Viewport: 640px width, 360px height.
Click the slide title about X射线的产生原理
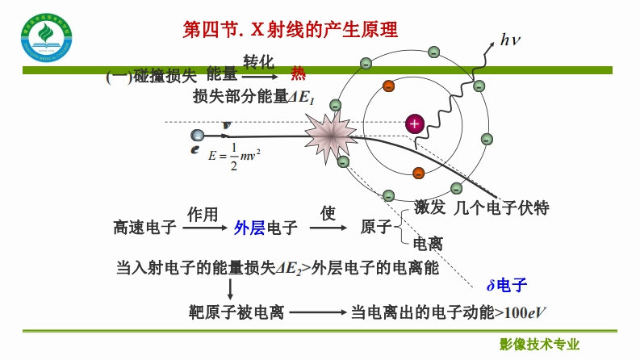pos(291,31)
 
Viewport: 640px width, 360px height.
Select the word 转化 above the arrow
pos(259,61)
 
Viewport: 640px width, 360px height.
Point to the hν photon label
pos(512,39)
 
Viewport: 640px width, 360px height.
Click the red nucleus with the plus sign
pos(414,123)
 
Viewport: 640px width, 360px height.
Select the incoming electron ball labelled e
pos(198,136)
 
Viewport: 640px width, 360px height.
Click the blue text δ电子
pos(506,284)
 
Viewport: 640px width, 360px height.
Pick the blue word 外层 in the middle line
pos(249,228)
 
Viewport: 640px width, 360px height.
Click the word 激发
pos(429,208)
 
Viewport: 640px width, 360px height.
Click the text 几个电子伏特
pos(501,208)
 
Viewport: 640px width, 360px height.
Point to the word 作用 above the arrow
pos(203,214)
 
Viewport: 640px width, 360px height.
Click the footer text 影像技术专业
pos(540,344)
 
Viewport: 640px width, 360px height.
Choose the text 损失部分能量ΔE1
pos(253,97)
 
